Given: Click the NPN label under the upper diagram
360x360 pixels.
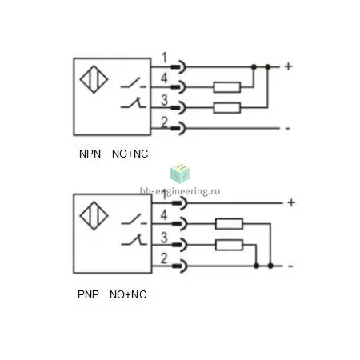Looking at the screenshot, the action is pyautogui.click(x=90, y=154).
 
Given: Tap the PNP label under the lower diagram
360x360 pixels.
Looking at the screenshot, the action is pyautogui.click(x=88, y=294).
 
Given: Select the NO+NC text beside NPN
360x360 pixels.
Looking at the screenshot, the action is pyautogui.click(x=130, y=154).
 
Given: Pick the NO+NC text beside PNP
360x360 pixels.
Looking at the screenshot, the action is pyautogui.click(x=128, y=294).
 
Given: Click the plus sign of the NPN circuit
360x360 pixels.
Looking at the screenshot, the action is pyautogui.click(x=288, y=66).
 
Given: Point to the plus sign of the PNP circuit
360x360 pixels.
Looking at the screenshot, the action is pyautogui.click(x=291, y=202).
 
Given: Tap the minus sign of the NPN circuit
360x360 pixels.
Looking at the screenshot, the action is pyautogui.click(x=287, y=129).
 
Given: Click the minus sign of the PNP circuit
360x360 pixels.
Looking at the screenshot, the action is pyautogui.click(x=290, y=266).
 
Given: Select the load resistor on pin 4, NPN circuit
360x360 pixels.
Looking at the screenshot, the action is pyautogui.click(x=227, y=87).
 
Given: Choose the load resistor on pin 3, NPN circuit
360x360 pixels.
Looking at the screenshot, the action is pyautogui.click(x=227, y=108).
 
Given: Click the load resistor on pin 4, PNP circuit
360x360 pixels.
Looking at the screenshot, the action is pyautogui.click(x=229, y=224).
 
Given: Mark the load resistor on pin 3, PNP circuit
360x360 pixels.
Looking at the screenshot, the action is pyautogui.click(x=229, y=245).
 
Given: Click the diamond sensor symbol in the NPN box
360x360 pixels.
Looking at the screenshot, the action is pyautogui.click(x=94, y=79).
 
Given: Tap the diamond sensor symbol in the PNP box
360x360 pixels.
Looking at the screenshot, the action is pyautogui.click(x=94, y=216).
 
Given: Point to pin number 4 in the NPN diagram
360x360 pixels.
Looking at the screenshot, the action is pyautogui.click(x=164, y=78).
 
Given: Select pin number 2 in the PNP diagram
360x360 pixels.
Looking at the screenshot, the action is pyautogui.click(x=164, y=258).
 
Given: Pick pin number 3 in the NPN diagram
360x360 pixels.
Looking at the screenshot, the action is pyautogui.click(x=164, y=100).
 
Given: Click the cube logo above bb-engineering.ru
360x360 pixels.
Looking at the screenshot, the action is pyautogui.click(x=180, y=174).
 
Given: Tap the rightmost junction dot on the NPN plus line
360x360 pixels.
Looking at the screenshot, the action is pyautogui.click(x=268, y=66).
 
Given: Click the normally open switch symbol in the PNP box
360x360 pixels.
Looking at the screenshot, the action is pyautogui.click(x=134, y=219).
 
